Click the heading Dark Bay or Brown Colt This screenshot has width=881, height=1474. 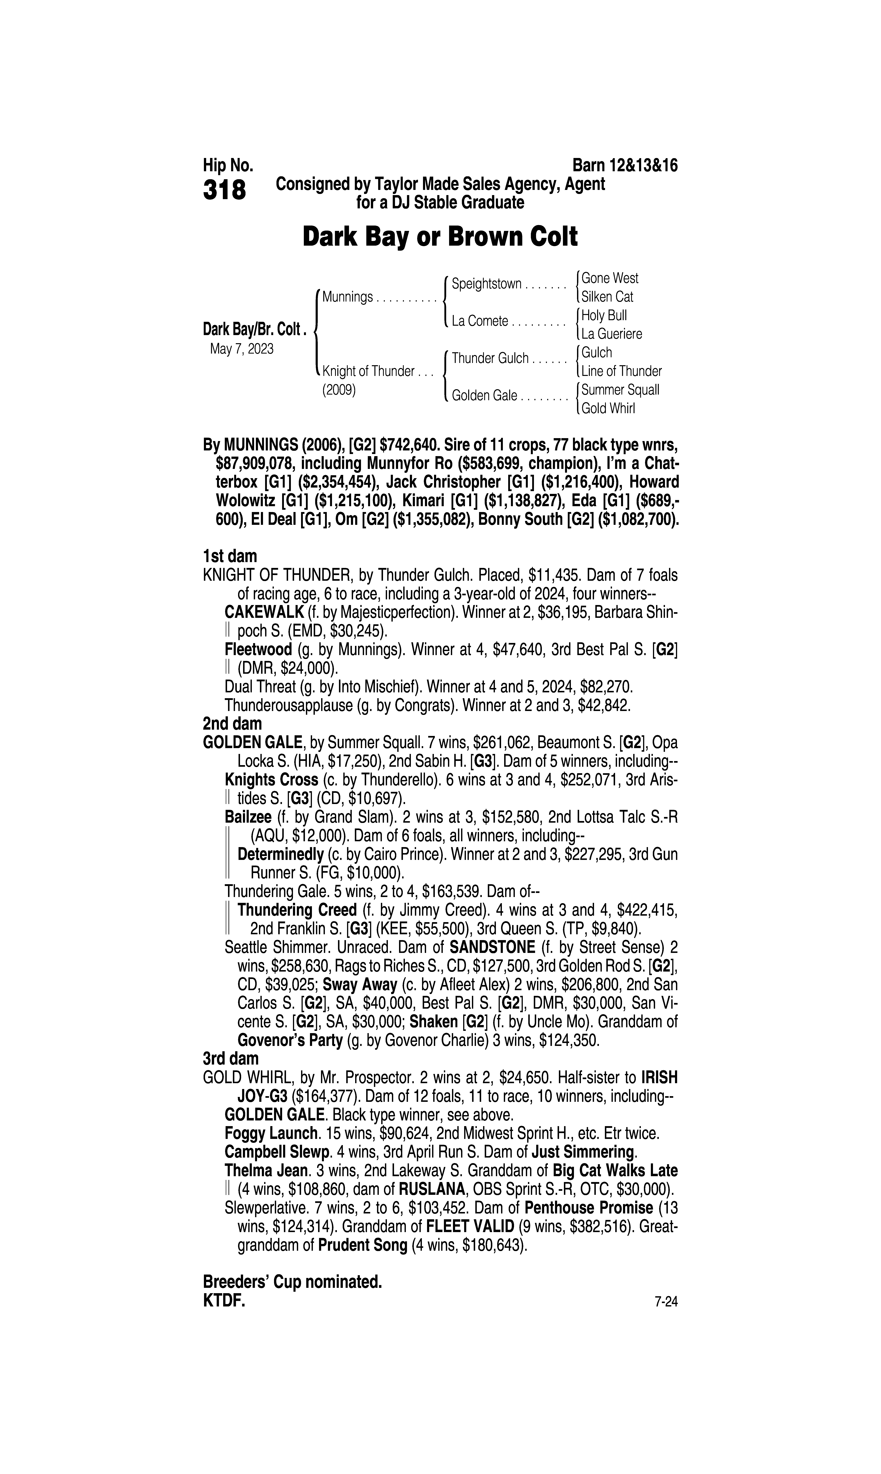(440, 237)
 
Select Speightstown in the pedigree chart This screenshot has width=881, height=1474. (486, 284)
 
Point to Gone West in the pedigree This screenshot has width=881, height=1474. (610, 278)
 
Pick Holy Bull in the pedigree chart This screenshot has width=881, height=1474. (604, 315)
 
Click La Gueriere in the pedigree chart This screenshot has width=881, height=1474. (612, 334)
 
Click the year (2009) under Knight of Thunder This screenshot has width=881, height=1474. (338, 391)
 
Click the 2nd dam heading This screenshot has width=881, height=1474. (232, 724)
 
